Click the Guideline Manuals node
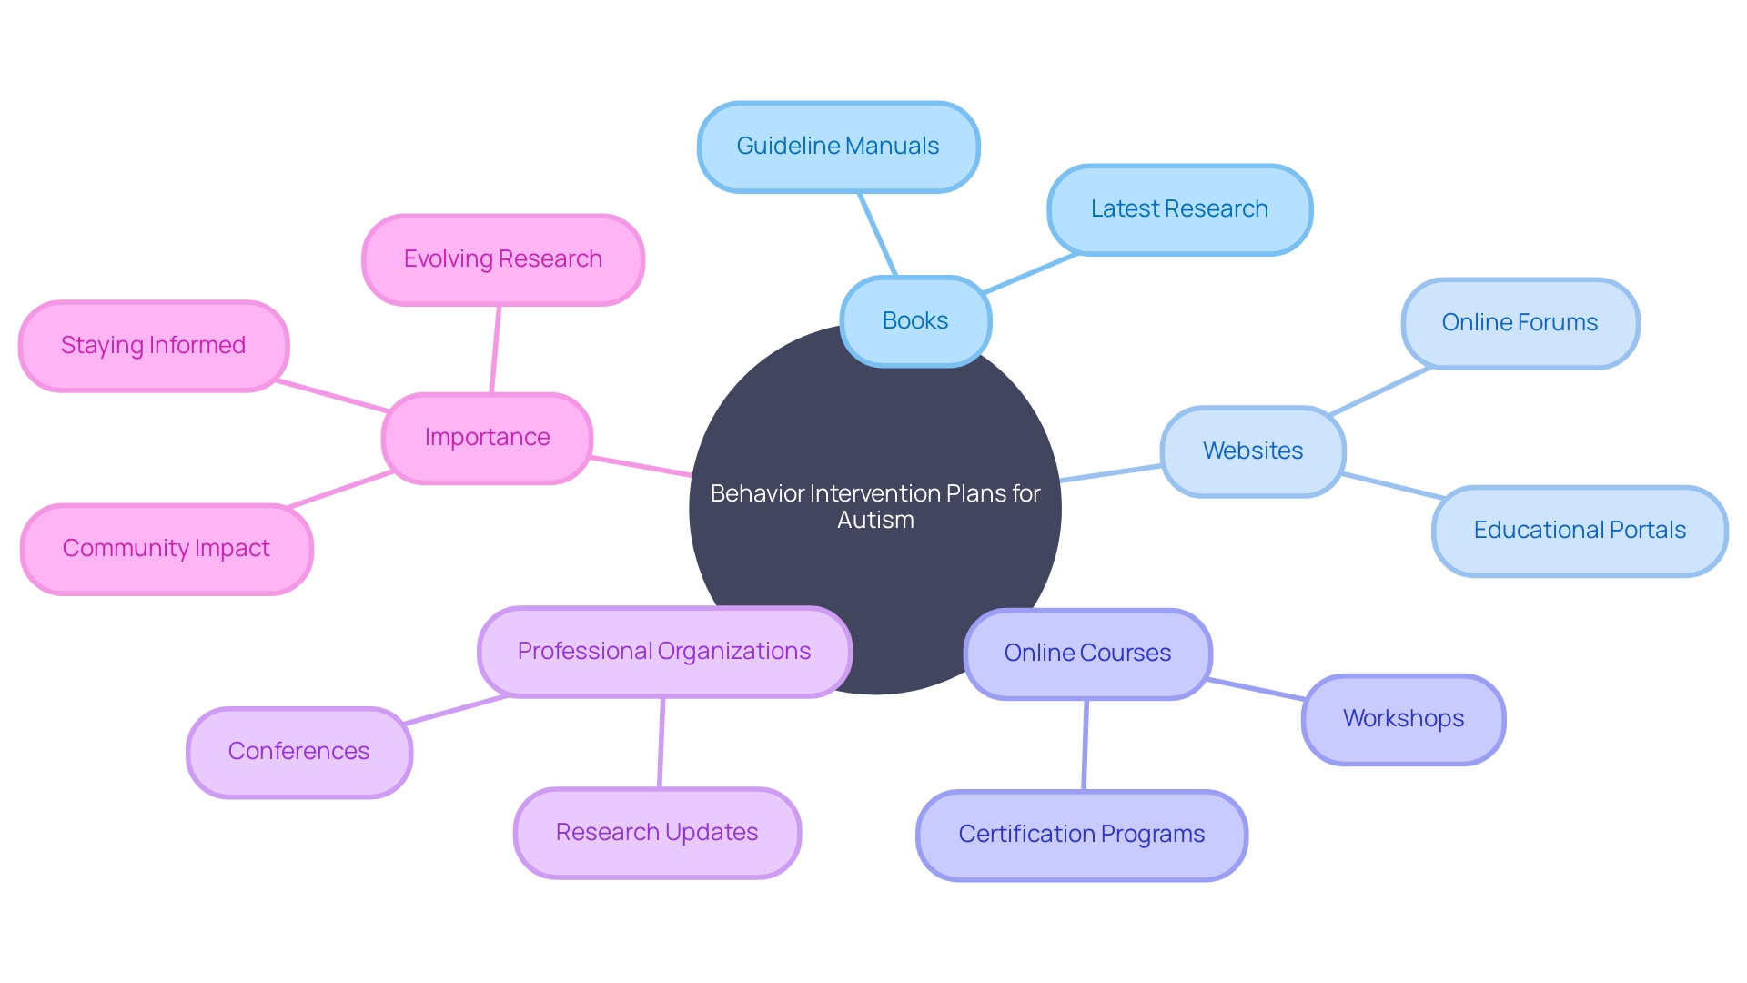click(838, 147)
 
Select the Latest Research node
click(1179, 209)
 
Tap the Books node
click(915, 321)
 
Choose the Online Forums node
click(1520, 323)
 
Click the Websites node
click(1253, 451)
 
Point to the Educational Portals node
click(1580, 531)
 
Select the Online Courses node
click(1087, 654)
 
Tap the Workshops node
click(1403, 719)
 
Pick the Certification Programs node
click(1082, 835)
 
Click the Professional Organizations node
click(664, 652)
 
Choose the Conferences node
click(299, 752)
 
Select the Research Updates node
click(657, 833)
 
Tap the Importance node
click(487, 438)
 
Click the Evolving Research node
click(503, 259)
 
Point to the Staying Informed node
click(154, 346)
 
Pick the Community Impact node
click(167, 549)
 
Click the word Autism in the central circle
click(875, 521)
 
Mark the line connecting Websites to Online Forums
click(1380, 391)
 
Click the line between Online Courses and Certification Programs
click(1086, 745)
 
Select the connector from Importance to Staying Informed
click(333, 396)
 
